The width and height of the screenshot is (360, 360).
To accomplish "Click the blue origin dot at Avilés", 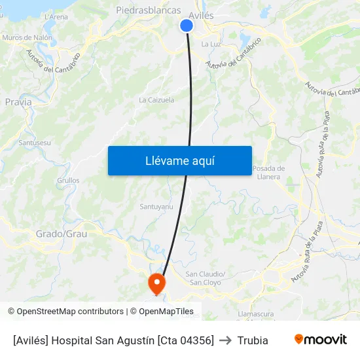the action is coord(187,26).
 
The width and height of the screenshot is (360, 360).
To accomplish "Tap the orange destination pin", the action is coord(157,283).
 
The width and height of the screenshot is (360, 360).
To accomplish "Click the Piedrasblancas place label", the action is coord(148,10).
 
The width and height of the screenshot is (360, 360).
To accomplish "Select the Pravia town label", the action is coord(18,102).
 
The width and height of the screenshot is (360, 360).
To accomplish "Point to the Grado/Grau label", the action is coord(62,234).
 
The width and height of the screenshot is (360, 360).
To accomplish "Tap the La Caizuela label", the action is coord(156,100).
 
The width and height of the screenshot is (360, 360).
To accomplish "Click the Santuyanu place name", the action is coord(156,207).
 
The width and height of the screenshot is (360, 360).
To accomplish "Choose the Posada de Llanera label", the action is coord(268,172).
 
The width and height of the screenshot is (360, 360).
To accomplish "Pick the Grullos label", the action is coord(69,180).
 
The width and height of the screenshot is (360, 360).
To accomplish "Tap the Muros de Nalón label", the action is coord(27,38).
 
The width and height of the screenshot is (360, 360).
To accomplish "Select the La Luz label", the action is coord(210,44).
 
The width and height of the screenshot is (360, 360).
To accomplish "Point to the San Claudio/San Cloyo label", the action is coord(206,278).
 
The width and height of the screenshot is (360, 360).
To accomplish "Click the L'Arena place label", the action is coord(56,17).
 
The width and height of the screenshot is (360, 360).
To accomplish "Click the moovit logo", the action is coord(320,339).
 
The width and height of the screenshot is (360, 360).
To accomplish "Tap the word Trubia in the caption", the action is coord(253,340).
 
